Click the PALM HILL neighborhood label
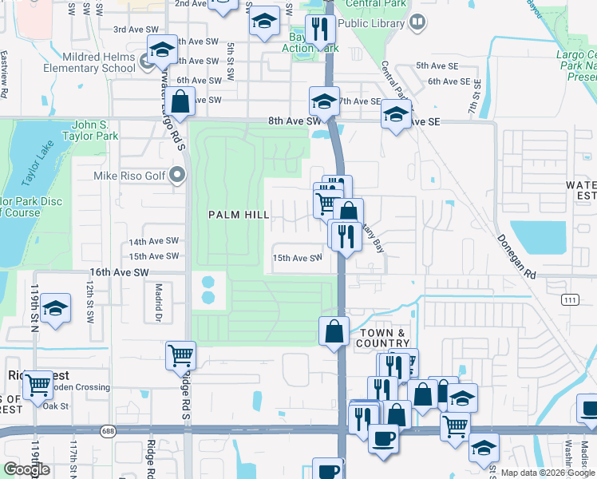[x=239, y=216]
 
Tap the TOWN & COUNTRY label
[x=383, y=338]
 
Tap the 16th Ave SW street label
[x=119, y=273]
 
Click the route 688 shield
[x=109, y=431]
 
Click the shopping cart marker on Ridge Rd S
[x=181, y=355]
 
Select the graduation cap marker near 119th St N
[x=56, y=308]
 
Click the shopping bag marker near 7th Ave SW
[x=181, y=101]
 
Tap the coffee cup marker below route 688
[x=383, y=438]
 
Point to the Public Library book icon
[x=417, y=23]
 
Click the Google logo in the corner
[x=26, y=469]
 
